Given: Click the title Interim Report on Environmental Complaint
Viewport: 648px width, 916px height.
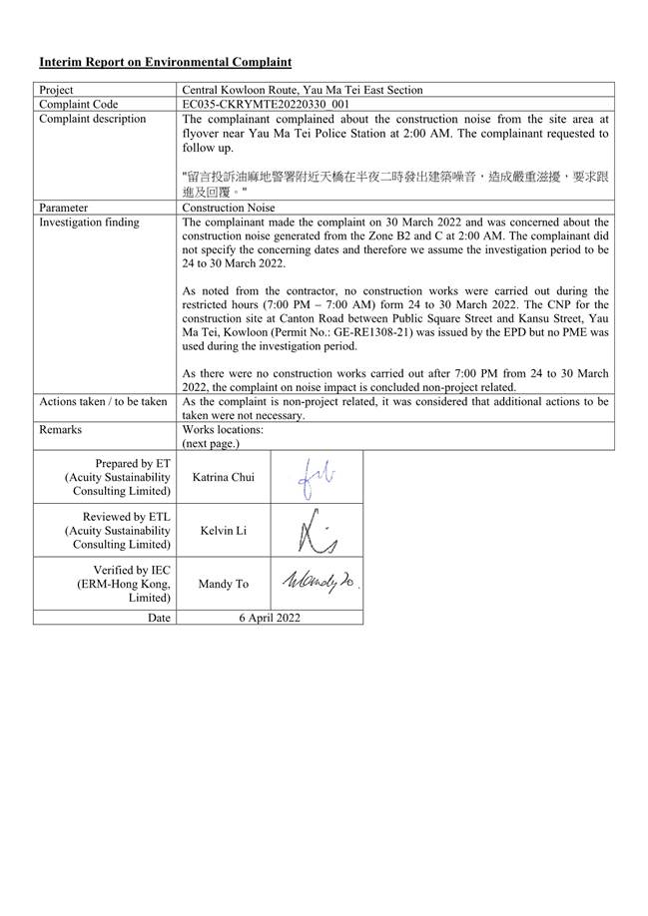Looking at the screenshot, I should tap(165, 62).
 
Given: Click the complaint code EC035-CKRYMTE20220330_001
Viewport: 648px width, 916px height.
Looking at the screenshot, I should tap(266, 104).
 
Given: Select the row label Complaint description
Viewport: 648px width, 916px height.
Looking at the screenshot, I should tap(92, 119).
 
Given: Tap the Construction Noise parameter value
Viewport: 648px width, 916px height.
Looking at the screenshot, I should tap(229, 208).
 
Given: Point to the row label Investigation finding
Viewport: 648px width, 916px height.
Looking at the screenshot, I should tap(89, 223).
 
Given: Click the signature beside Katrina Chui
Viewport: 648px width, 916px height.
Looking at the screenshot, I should tap(316, 477).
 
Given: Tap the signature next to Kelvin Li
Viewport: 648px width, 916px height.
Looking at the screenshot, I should tap(316, 531).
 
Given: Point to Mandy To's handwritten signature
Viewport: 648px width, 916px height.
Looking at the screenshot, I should tap(317, 582).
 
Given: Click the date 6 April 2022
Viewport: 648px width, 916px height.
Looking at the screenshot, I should tap(269, 618).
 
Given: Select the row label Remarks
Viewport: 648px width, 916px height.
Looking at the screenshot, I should tap(60, 429).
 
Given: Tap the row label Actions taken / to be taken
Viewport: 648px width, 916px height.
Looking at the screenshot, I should tap(103, 401).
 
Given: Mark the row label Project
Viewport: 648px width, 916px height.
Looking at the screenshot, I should tap(56, 89).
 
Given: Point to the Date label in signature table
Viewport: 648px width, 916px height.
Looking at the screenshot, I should tap(158, 618).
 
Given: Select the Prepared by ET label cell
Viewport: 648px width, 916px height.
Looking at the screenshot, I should tap(120, 477).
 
